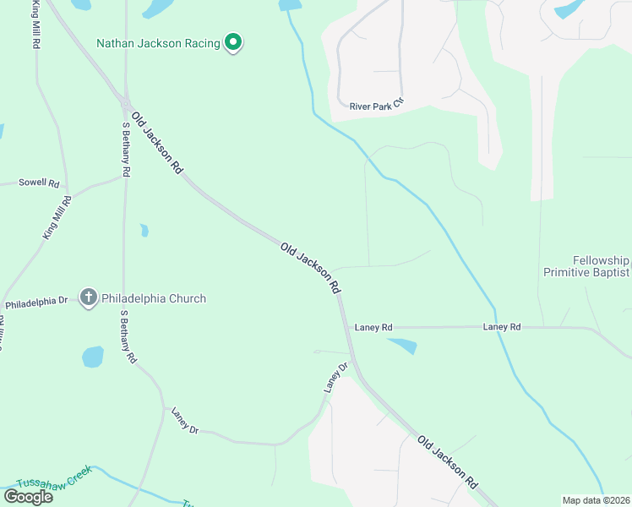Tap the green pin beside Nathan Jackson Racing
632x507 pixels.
click(x=234, y=42)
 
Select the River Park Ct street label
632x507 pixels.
click(x=378, y=106)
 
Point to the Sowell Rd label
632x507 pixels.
click(x=40, y=183)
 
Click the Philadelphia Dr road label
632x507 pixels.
click(x=35, y=302)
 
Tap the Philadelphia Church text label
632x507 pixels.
click(x=154, y=297)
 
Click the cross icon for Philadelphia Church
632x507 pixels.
click(x=89, y=297)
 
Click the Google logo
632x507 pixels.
click(x=28, y=496)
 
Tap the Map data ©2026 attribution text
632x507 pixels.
click(x=596, y=500)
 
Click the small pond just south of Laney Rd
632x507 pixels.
click(x=403, y=346)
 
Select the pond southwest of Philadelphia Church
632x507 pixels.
click(x=92, y=357)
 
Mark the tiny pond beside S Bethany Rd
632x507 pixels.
click(x=144, y=230)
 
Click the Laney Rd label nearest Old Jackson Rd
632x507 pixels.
click(x=373, y=327)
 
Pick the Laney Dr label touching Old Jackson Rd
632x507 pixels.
click(x=336, y=378)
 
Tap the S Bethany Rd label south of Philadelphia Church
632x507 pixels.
click(x=128, y=336)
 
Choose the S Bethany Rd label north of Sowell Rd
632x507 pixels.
click(x=126, y=149)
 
